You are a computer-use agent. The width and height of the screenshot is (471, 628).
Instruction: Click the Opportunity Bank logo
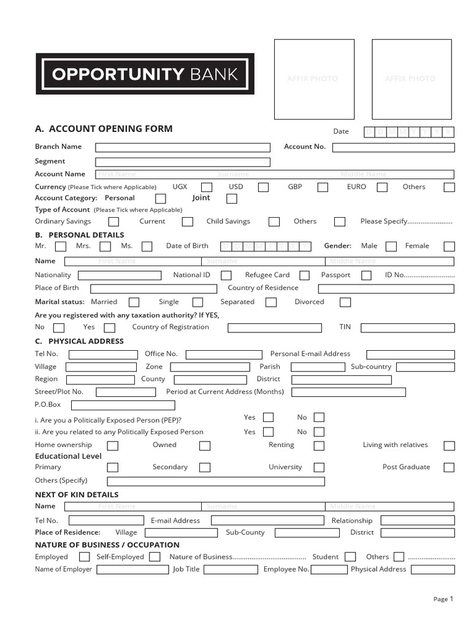tap(145, 74)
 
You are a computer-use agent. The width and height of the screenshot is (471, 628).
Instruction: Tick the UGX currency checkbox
tap(207, 187)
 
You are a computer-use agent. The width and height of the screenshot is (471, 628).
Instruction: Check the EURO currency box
tap(382, 187)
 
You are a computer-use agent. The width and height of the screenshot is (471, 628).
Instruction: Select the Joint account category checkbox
tap(231, 199)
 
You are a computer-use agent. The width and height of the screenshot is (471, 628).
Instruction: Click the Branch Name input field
tap(182, 147)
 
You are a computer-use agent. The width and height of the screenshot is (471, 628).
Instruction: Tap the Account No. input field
tap(393, 147)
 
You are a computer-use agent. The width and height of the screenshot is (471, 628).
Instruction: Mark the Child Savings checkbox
tap(274, 222)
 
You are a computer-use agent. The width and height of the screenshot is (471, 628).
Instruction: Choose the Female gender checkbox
tap(449, 247)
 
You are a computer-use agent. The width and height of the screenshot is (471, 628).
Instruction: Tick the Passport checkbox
tap(366, 276)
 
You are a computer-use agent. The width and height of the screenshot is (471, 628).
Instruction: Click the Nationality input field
tap(120, 275)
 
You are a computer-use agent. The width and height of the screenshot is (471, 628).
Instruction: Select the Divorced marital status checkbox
tap(345, 302)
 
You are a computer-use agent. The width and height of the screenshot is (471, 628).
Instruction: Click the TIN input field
tap(407, 327)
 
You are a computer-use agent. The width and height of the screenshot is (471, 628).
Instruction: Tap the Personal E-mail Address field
tap(410, 354)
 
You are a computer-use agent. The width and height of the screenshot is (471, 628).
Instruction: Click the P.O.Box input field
tap(123, 405)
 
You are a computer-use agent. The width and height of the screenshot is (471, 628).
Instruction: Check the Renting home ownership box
tap(319, 446)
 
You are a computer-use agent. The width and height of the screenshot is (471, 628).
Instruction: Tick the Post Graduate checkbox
tap(449, 467)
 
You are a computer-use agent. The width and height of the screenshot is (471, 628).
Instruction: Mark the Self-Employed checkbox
tap(156, 557)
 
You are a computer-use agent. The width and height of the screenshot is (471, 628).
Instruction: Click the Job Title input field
tap(231, 570)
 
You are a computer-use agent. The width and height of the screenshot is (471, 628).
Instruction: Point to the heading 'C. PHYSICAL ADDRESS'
tap(80, 341)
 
